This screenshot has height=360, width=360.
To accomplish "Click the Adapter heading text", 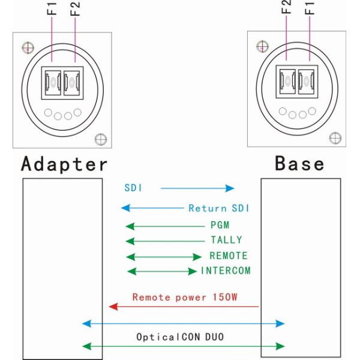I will coord(65,164).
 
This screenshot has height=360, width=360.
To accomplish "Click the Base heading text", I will coord(299,164).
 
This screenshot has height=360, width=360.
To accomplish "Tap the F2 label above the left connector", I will coord(76,10).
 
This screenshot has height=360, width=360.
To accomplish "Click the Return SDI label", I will coord(218,209).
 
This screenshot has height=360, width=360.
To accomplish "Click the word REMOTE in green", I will coord(228,256).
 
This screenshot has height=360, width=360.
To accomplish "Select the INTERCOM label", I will coord(225,271).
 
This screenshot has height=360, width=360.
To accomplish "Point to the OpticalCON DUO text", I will coord(179,337).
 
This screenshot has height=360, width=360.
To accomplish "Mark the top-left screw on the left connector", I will coord(26,46).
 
